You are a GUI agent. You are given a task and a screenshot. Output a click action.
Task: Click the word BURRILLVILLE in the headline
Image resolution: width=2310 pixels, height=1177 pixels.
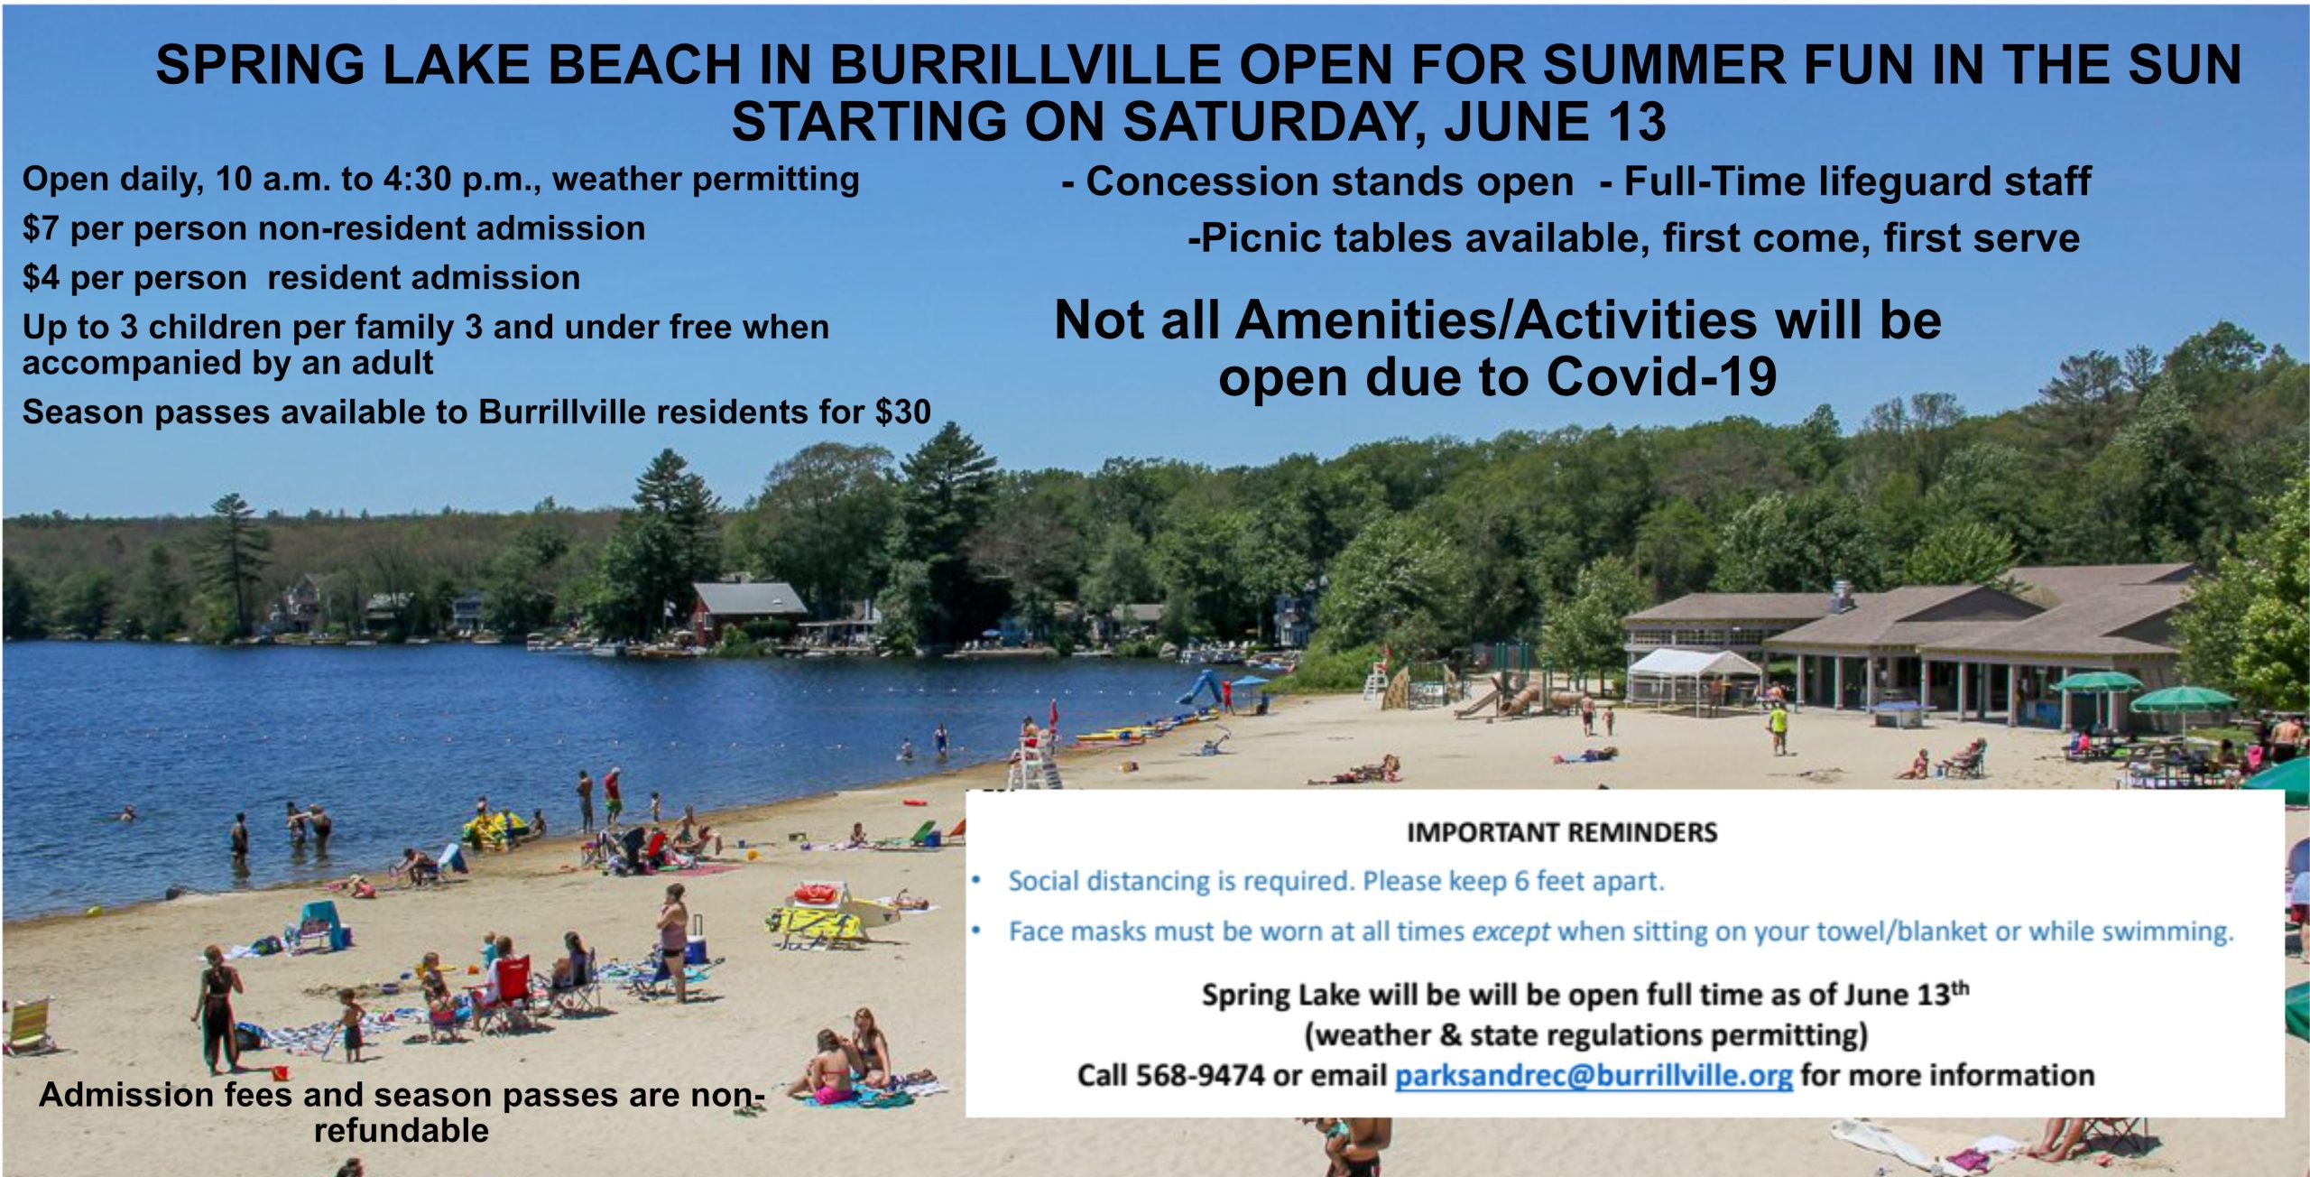(1025, 64)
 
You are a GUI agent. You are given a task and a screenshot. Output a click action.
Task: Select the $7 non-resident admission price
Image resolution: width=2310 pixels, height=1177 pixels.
(40, 228)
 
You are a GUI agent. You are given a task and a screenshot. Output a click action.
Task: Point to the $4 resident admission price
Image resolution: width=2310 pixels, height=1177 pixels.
(41, 277)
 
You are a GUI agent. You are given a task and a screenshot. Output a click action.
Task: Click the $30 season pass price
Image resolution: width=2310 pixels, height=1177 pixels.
(902, 412)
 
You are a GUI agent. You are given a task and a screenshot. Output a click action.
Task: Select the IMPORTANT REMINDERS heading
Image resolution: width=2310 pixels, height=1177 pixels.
(1562, 832)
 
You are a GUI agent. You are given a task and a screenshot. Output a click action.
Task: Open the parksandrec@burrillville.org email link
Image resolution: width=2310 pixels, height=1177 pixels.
(1594, 1076)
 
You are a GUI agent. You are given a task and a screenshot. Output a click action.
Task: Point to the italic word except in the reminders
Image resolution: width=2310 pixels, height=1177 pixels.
(1511, 931)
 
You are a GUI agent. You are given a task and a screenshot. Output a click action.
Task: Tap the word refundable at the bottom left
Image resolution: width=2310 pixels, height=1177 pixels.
(402, 1130)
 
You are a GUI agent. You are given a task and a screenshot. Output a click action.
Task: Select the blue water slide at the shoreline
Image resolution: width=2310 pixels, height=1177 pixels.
(1198, 687)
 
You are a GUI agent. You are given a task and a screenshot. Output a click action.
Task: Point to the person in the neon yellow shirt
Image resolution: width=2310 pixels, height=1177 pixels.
(1778, 723)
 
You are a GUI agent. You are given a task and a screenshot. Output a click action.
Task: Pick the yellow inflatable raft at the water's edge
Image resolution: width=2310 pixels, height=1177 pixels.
(493, 828)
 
